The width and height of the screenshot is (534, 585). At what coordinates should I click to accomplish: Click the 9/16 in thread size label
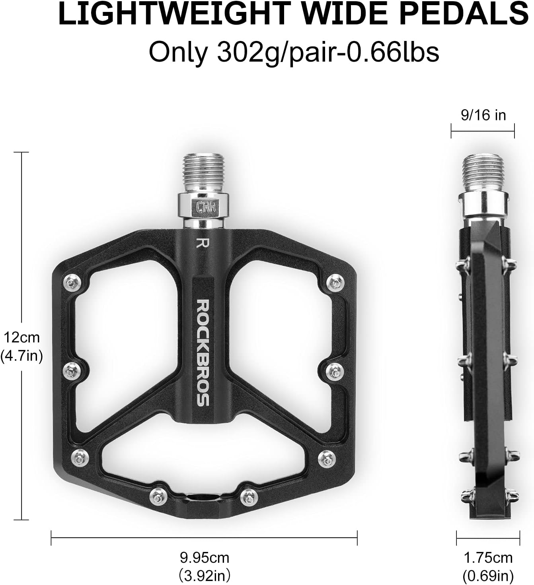[483, 115]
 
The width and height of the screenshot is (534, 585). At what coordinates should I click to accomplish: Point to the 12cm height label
[22, 338]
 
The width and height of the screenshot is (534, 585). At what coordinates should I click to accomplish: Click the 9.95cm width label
[205, 558]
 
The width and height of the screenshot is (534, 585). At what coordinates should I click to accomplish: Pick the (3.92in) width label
[205, 575]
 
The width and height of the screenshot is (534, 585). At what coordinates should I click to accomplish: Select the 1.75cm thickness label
[488, 558]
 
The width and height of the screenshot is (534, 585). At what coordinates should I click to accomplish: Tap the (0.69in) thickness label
[488, 575]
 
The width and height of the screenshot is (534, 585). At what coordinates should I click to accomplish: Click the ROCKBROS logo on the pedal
[203, 352]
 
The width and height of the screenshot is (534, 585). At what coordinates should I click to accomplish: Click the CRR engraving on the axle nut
[205, 206]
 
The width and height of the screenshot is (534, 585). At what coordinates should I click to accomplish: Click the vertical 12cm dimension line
[21, 437]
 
